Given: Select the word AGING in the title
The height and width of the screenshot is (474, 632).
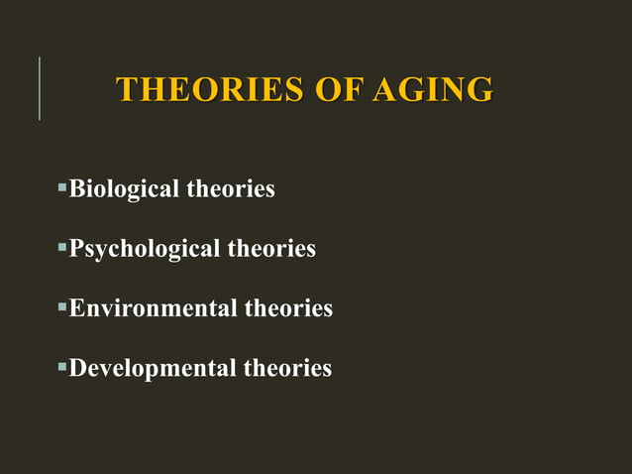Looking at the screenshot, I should (433, 89).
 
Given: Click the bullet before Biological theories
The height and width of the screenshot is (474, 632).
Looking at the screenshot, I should (61, 186).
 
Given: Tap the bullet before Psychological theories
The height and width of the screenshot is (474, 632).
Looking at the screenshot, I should (61, 246).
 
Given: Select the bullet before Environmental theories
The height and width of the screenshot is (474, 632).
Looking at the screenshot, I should (61, 306).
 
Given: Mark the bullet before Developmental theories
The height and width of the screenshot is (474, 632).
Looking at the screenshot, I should (61, 367).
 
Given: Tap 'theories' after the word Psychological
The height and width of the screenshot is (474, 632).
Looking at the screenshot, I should (271, 249).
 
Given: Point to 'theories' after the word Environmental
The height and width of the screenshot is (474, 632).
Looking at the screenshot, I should (288, 308).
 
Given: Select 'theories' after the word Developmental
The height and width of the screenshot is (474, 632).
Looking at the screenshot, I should (287, 369).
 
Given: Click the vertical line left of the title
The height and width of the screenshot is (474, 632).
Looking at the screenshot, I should (40, 88).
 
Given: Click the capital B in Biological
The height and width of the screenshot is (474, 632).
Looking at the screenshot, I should (75, 188).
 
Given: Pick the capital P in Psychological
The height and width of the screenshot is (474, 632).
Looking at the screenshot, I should (75, 249).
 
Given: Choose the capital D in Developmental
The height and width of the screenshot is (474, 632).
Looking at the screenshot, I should (77, 369).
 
